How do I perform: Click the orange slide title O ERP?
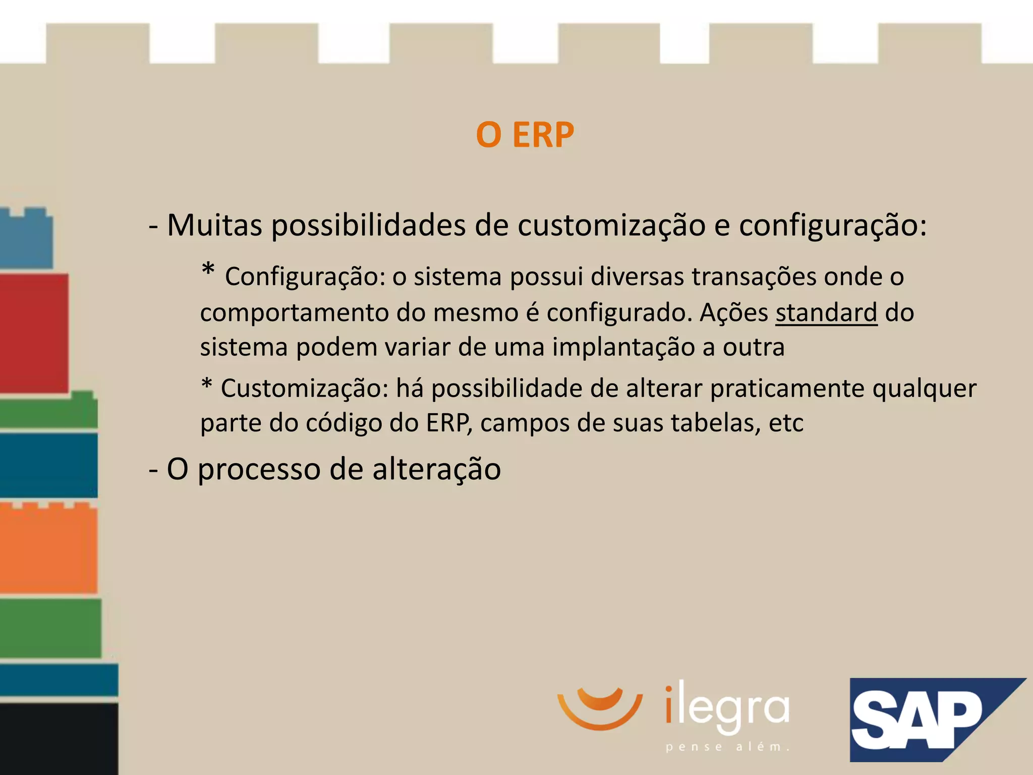click(x=525, y=135)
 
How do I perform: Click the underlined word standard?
click(x=826, y=313)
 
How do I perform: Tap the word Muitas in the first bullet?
click(x=214, y=225)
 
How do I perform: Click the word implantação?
click(x=623, y=347)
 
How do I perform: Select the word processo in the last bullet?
click(x=259, y=469)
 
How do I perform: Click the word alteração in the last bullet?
click(x=436, y=469)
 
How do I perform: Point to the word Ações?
click(x=733, y=313)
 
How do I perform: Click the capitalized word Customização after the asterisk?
click(x=305, y=389)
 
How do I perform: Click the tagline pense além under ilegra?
click(x=727, y=747)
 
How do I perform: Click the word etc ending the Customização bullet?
click(x=786, y=423)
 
